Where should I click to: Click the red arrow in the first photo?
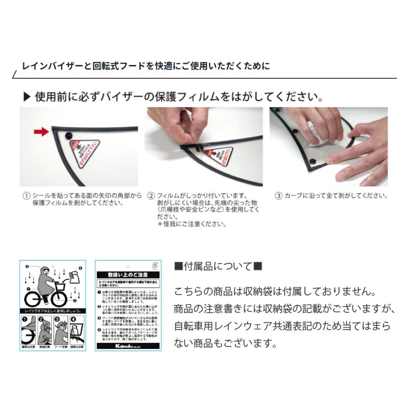point(41,132)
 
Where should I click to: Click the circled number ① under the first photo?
point(27,195)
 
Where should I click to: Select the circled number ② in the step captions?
point(151,195)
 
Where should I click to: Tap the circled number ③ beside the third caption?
point(278,195)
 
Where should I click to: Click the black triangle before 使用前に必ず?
point(27,97)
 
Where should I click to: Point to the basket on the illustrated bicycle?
point(60,286)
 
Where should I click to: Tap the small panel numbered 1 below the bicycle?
point(28,331)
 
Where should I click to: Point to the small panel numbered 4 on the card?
point(76,331)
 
